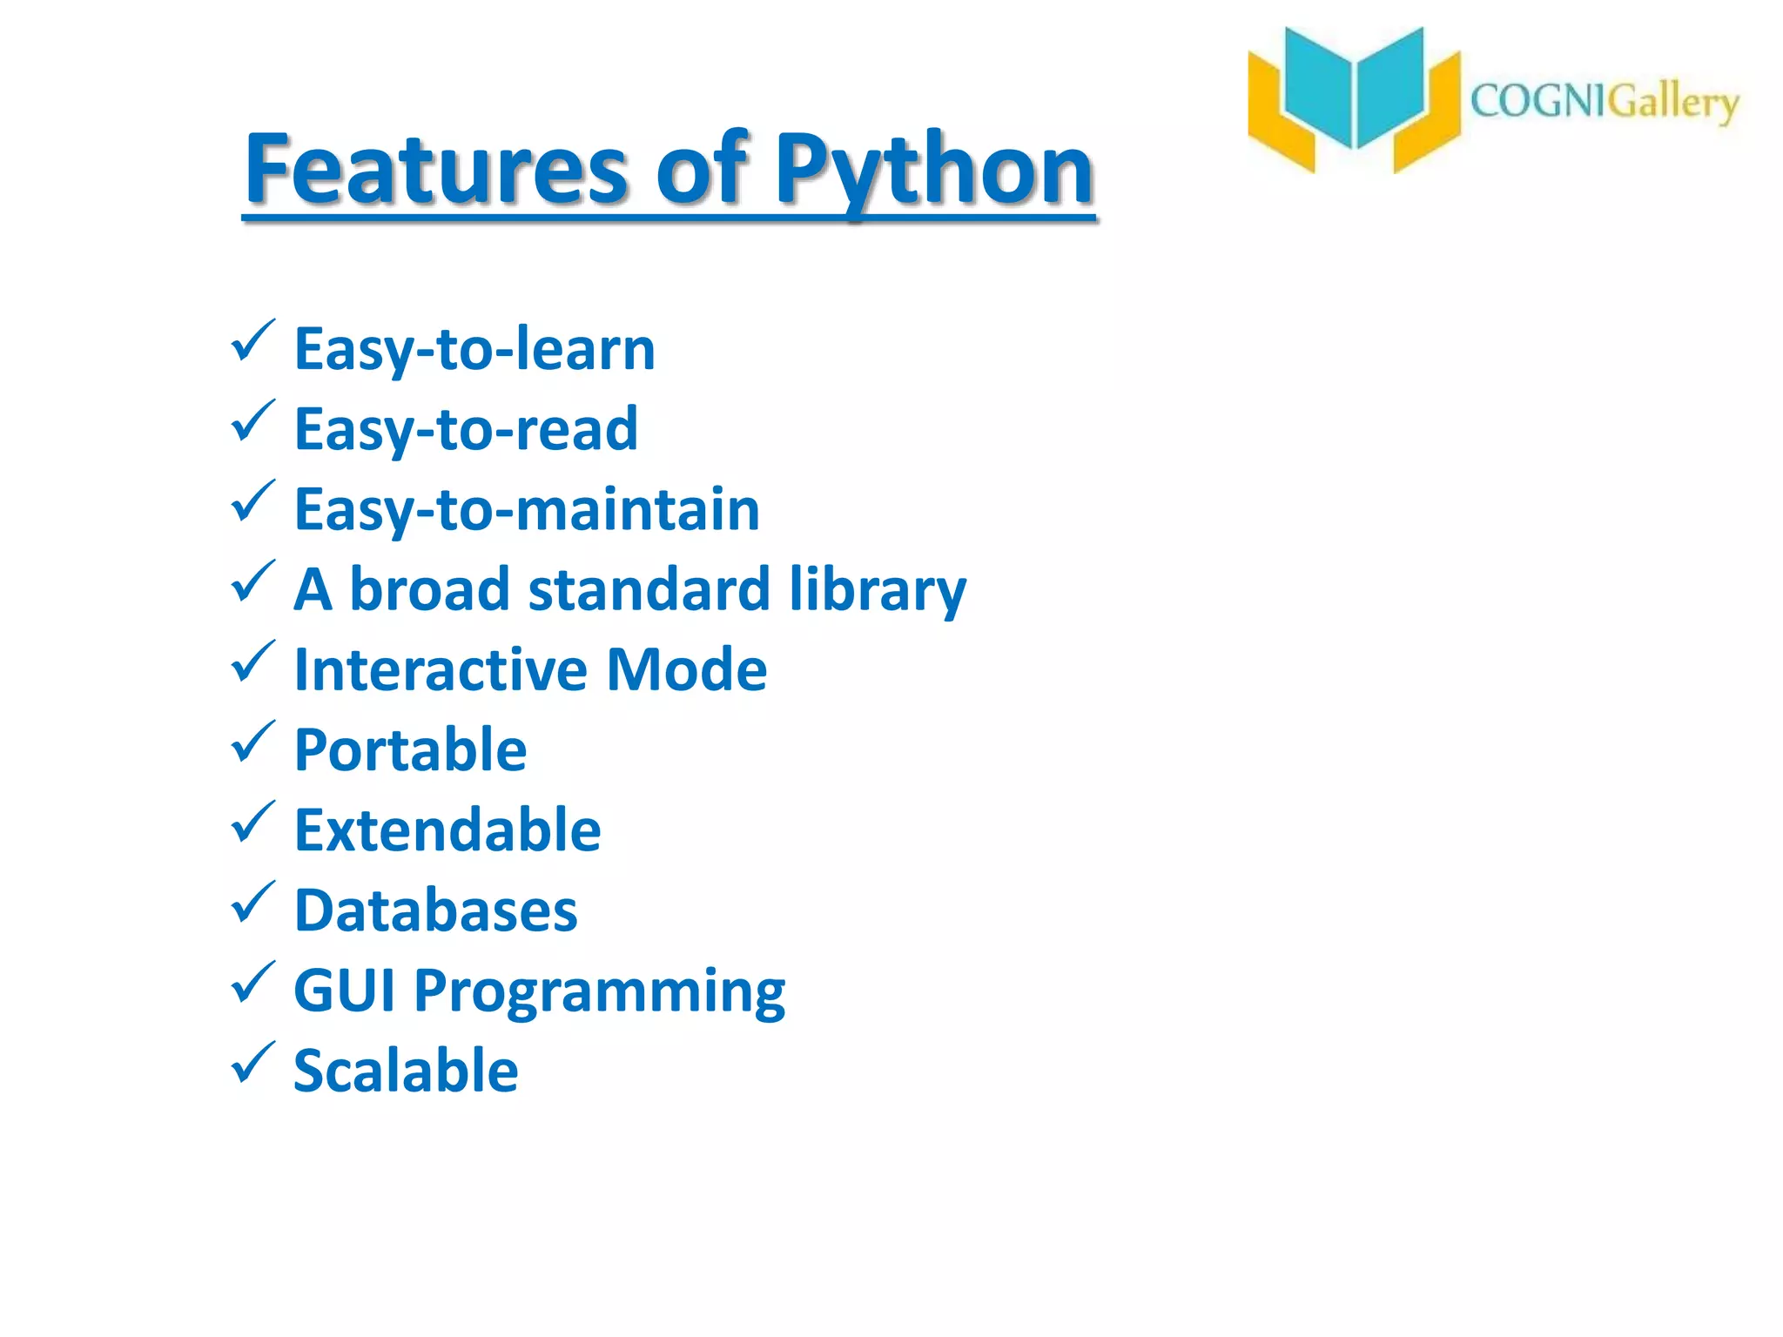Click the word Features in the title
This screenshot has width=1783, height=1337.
tap(435, 170)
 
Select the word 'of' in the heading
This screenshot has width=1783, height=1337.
tap(701, 170)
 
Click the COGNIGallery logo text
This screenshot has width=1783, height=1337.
tap(1604, 103)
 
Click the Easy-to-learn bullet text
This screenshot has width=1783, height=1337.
tap(474, 349)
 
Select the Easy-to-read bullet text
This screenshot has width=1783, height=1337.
tap(466, 429)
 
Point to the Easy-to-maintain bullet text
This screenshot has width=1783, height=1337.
tap(527, 509)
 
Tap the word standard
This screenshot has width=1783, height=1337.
tap(649, 590)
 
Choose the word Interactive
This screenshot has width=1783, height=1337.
tap(441, 670)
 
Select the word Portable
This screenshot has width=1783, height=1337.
tap(410, 750)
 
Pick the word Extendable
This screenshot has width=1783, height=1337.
tap(447, 830)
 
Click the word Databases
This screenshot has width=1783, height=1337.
tap(435, 911)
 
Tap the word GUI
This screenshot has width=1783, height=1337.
tap(345, 991)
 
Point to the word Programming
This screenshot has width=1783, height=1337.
tap(599, 993)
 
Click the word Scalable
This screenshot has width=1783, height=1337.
tap(406, 1072)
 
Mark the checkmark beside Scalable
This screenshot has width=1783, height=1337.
tap(252, 1064)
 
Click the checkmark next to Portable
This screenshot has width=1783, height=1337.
tap(252, 742)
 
